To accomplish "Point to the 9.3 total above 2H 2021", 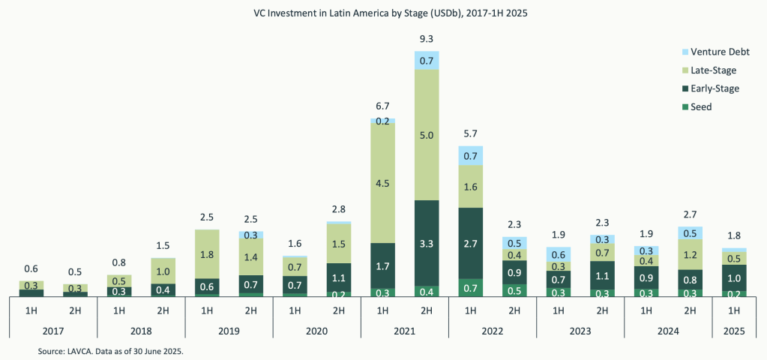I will (427, 38).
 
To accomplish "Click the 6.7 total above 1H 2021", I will (382, 106).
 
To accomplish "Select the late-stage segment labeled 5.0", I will (427, 135).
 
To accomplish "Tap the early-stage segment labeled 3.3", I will (427, 243).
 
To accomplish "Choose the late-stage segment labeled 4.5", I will (382, 182).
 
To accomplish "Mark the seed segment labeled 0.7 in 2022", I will (470, 288).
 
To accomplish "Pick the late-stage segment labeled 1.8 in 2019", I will (206, 254).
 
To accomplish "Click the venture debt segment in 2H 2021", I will (427, 60).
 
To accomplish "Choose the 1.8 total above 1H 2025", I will (734, 236).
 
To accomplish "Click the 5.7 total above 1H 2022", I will (470, 133).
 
